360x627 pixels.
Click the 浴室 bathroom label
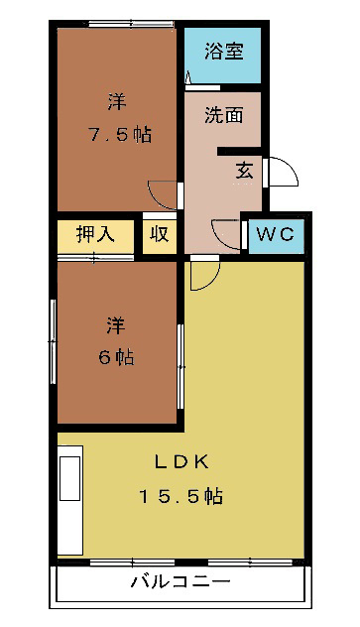coord(222,51)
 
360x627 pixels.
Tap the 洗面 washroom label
coord(223,114)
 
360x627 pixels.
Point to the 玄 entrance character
coord(244,169)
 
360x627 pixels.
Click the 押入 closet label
coord(96,235)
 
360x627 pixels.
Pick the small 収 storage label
coord(159,235)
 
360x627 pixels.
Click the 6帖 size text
coord(117,356)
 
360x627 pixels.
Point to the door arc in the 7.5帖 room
coord(162,192)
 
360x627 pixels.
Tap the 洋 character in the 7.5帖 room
coord(117,102)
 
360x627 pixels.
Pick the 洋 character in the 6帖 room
coord(117,324)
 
